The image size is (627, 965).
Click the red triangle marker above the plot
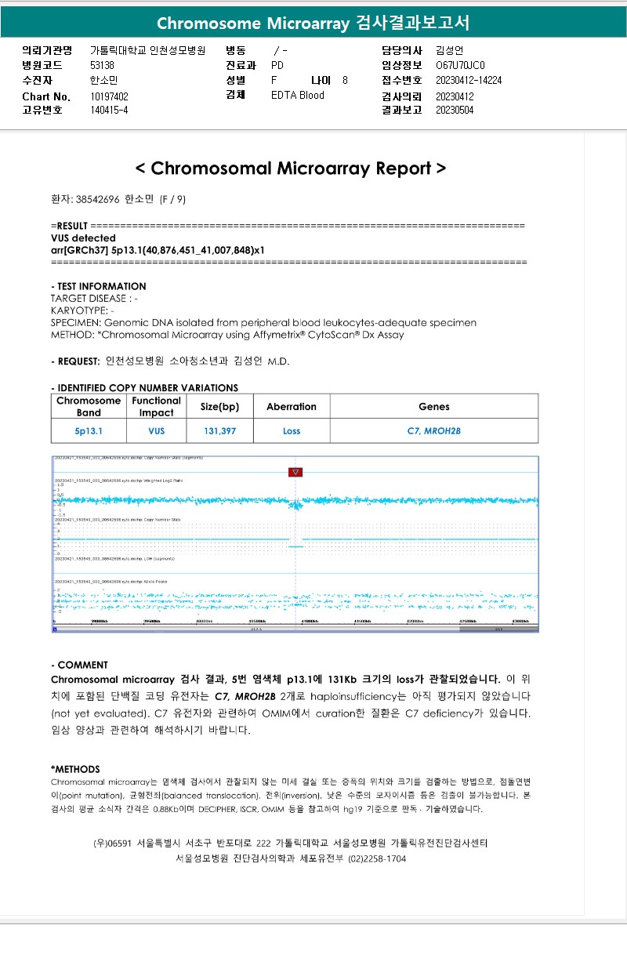[x=295, y=472]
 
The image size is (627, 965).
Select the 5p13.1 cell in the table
[x=89, y=431]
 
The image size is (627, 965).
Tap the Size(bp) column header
[x=219, y=407]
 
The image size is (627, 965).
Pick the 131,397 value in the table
[x=219, y=431]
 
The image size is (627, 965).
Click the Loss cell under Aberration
[x=292, y=431]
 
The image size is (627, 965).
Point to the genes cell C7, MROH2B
[x=433, y=431]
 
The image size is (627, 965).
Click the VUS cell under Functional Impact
[x=157, y=431]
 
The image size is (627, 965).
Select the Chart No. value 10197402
[x=109, y=96]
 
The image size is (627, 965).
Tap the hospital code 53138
[x=102, y=66]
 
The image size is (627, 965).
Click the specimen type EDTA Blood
[x=297, y=96]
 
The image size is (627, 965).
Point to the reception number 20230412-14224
[x=469, y=81]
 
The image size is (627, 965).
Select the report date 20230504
[x=455, y=111]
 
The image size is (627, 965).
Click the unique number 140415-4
[x=109, y=111]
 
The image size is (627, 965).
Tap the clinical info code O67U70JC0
[x=460, y=66]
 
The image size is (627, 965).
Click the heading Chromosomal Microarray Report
[x=291, y=169]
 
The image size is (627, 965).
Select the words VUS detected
[x=83, y=238]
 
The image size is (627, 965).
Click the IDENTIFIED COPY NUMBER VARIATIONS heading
[x=144, y=387]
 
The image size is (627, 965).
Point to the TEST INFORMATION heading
[x=98, y=286]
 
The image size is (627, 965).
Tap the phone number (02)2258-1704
[x=378, y=858]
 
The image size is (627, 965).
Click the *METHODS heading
[x=75, y=769]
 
